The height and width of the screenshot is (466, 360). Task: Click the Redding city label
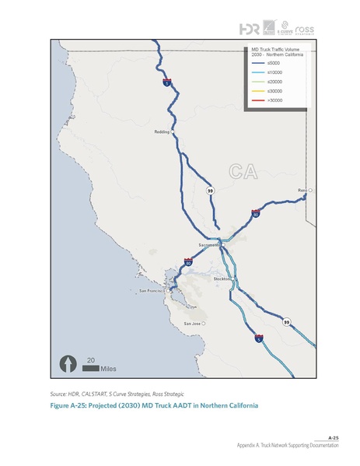coord(162,132)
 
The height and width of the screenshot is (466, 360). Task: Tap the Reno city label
coord(302,190)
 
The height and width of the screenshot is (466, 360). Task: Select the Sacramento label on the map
coord(208,245)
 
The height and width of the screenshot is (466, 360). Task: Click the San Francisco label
coord(153,291)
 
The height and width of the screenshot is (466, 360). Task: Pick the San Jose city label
coord(192,323)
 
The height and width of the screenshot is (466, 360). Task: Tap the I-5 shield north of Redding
coord(166,81)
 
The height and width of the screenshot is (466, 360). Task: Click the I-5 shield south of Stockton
coord(258,338)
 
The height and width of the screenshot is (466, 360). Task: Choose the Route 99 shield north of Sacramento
coord(210,189)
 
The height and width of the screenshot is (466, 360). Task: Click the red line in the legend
coord(255,100)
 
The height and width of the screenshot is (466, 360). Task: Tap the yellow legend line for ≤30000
coord(255,91)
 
